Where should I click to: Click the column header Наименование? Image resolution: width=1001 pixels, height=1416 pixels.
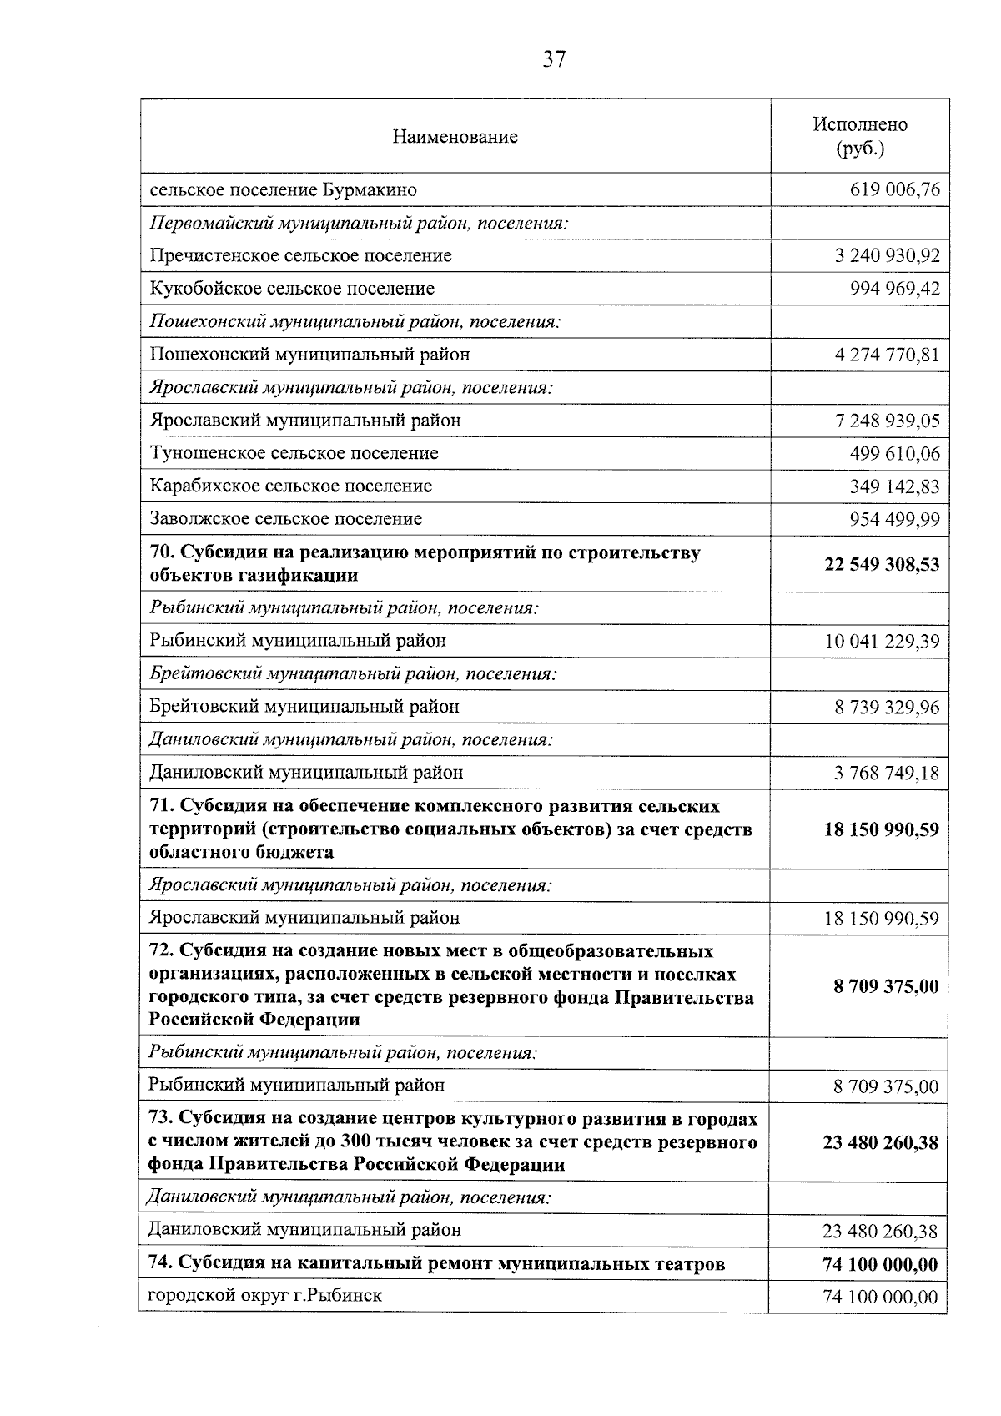click(455, 137)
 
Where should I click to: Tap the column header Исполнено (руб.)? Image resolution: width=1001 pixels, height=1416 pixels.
click(860, 136)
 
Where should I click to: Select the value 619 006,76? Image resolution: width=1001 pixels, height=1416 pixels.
click(894, 190)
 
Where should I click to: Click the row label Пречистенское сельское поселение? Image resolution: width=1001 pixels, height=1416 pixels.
click(300, 255)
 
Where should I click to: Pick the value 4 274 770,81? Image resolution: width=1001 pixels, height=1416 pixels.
click(887, 355)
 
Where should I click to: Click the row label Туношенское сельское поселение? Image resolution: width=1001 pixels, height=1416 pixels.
click(294, 453)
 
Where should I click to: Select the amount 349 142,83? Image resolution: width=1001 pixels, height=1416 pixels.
click(894, 486)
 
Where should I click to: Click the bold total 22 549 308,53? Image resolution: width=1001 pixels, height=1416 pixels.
click(882, 565)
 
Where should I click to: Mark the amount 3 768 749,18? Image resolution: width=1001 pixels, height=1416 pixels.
click(887, 774)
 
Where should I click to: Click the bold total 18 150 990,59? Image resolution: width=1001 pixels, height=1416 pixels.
click(882, 829)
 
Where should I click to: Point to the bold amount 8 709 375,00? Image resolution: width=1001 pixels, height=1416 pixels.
click(886, 987)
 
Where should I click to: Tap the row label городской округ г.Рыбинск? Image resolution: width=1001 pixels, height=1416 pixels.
click(264, 1296)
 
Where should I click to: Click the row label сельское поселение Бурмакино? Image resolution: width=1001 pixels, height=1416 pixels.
click(283, 190)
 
